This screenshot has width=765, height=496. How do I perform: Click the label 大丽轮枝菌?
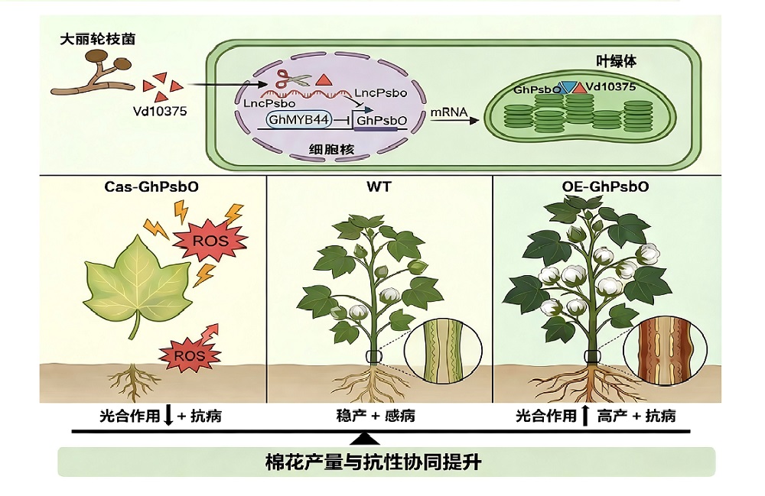(x=98, y=39)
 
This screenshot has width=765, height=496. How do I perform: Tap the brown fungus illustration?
(x=90, y=73)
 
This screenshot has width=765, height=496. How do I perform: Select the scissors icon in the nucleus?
(x=293, y=79)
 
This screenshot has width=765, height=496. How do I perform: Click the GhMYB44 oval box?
(x=299, y=119)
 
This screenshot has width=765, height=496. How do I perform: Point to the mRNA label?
(x=449, y=112)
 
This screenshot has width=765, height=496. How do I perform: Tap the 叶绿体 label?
(x=616, y=62)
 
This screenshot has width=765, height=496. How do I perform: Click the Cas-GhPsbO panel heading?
(x=151, y=186)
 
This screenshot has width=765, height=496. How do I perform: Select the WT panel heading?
(x=379, y=186)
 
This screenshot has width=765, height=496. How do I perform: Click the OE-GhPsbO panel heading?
(x=605, y=186)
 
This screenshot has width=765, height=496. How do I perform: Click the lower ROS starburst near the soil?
(x=189, y=355)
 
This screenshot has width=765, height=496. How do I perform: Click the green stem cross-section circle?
(x=443, y=350)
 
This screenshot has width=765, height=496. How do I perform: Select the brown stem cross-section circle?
(x=665, y=351)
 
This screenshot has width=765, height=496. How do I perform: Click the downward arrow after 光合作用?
(x=168, y=416)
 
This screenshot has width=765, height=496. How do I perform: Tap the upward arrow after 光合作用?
(x=585, y=415)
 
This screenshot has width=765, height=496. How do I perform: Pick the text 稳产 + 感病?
(x=376, y=416)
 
